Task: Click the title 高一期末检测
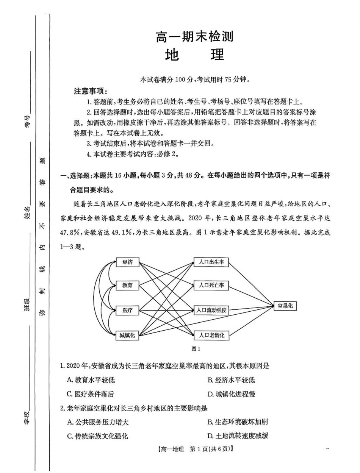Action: coord(194,37)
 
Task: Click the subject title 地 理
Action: coord(194,55)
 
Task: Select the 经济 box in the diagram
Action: coord(128,262)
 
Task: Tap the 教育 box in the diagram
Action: coord(128,286)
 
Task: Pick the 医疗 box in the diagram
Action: coord(128,311)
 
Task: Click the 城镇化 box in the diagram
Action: coord(128,335)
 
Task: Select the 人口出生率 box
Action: coord(211,262)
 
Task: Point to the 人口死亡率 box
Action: coord(211,286)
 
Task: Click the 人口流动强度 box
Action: coord(211,310)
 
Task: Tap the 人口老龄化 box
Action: coord(211,335)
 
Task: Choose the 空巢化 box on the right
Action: coord(285,306)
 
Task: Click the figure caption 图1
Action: coord(196,349)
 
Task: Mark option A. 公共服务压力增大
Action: coord(98,422)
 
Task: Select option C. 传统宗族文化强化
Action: coord(97,436)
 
